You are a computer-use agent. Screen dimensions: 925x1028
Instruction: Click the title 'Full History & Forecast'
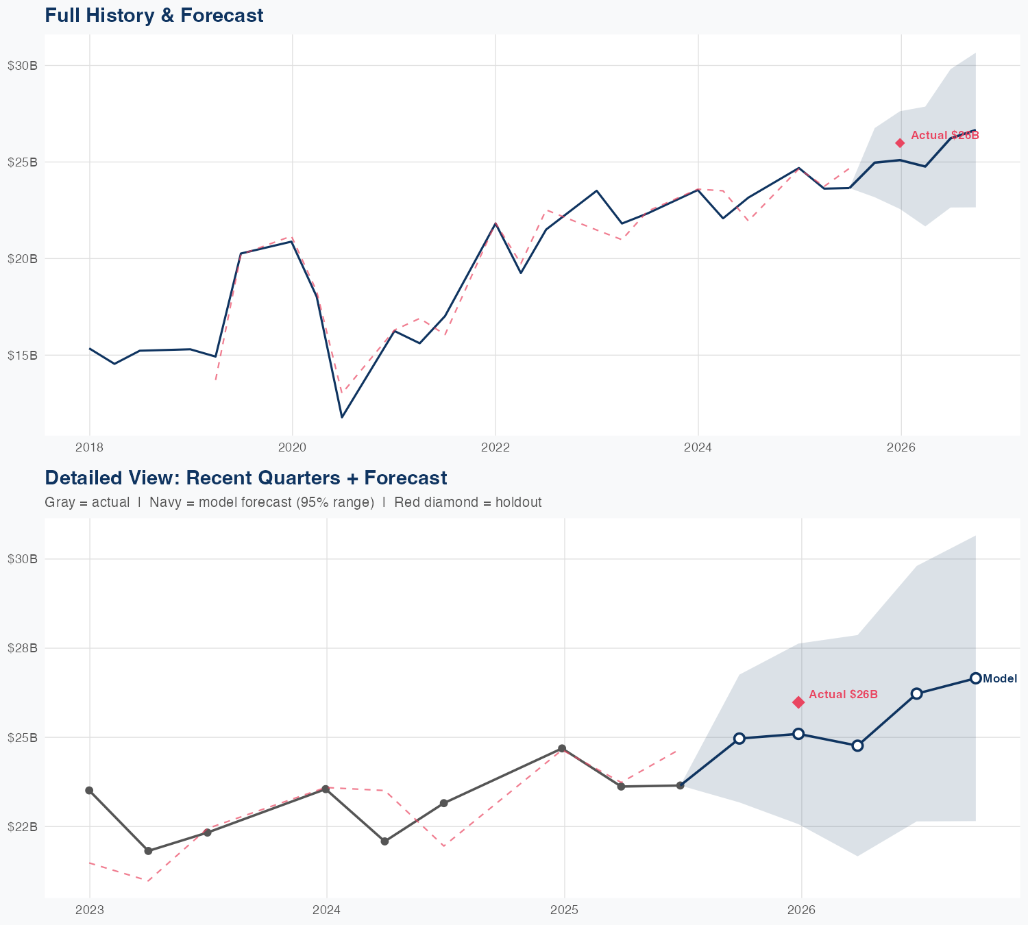(x=154, y=15)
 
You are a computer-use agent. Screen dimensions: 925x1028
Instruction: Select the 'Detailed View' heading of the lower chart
(x=245, y=478)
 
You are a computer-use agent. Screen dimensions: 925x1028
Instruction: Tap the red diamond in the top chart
(x=900, y=143)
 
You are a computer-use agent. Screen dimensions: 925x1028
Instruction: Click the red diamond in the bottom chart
(x=798, y=702)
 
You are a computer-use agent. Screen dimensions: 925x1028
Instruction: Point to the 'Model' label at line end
(x=1000, y=679)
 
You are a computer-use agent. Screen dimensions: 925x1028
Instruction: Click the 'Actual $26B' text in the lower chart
(x=843, y=695)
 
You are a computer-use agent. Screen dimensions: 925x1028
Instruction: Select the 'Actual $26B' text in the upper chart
(x=944, y=136)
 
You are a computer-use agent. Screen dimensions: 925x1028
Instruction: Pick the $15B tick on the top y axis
(x=22, y=355)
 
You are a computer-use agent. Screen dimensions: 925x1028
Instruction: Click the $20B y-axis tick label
(x=22, y=258)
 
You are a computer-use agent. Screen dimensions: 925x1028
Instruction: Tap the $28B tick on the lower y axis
(x=22, y=648)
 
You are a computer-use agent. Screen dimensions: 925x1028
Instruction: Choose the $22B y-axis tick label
(x=22, y=826)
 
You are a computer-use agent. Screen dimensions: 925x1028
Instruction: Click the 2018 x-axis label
(x=89, y=448)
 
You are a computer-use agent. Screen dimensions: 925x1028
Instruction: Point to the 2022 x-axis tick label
(x=495, y=448)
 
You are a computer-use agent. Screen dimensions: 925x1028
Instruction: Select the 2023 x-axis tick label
(x=89, y=911)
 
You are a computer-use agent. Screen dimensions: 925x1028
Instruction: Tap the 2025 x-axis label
(x=564, y=911)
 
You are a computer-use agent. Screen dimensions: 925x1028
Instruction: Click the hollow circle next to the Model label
(x=975, y=678)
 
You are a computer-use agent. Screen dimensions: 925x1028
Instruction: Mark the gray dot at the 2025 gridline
(x=562, y=748)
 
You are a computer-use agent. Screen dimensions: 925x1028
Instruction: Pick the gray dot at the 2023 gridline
(x=89, y=791)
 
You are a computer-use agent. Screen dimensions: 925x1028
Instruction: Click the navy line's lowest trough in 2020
(x=342, y=417)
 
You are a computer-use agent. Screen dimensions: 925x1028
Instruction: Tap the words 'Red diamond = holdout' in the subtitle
(x=468, y=502)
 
